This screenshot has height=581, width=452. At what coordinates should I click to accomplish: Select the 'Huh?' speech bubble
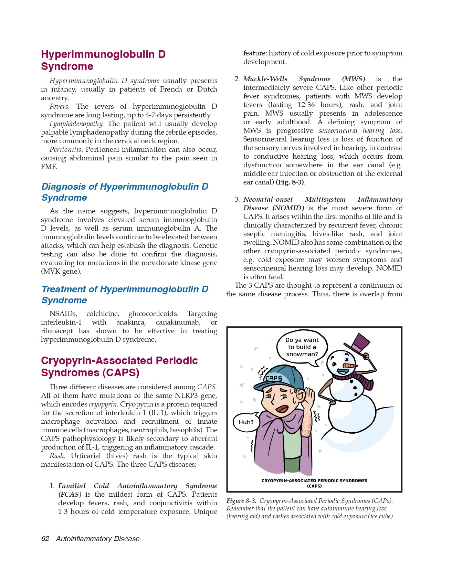point(246,422)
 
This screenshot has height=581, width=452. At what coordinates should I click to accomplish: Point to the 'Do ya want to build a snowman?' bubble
point(302,347)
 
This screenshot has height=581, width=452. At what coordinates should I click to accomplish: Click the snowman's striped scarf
point(358,379)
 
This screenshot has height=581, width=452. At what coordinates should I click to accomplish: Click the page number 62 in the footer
point(45,539)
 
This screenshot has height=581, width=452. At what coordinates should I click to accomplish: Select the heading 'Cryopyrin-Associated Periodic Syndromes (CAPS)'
point(119,367)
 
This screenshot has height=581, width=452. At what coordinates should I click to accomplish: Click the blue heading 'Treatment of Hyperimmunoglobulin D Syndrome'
point(125,295)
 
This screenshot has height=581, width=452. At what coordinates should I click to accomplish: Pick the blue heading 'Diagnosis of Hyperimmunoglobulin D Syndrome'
point(125,192)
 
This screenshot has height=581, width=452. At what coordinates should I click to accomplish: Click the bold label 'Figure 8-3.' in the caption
point(241,501)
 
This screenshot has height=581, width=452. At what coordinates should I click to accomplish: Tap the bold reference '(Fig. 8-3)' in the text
point(290,182)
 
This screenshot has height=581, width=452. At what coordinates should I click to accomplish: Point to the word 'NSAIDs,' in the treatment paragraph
point(63,314)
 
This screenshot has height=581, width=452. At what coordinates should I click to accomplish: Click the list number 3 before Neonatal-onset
point(237,200)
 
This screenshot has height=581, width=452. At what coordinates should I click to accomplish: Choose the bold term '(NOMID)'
point(288,208)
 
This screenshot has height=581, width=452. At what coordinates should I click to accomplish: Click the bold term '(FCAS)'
point(70,494)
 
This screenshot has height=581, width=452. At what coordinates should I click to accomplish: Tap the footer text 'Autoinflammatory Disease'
point(98,539)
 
